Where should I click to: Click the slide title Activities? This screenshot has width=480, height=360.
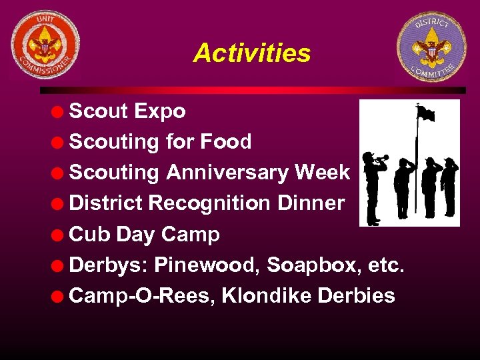click(251, 53)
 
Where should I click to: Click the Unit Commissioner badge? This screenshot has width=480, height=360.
click(45, 44)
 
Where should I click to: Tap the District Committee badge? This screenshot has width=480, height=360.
click(431, 47)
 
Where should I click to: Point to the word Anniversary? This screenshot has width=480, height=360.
click(227, 173)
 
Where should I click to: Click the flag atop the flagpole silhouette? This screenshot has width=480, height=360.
click(426, 113)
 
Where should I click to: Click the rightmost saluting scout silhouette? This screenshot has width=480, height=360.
click(450, 186)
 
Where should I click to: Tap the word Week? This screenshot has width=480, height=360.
click(322, 173)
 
